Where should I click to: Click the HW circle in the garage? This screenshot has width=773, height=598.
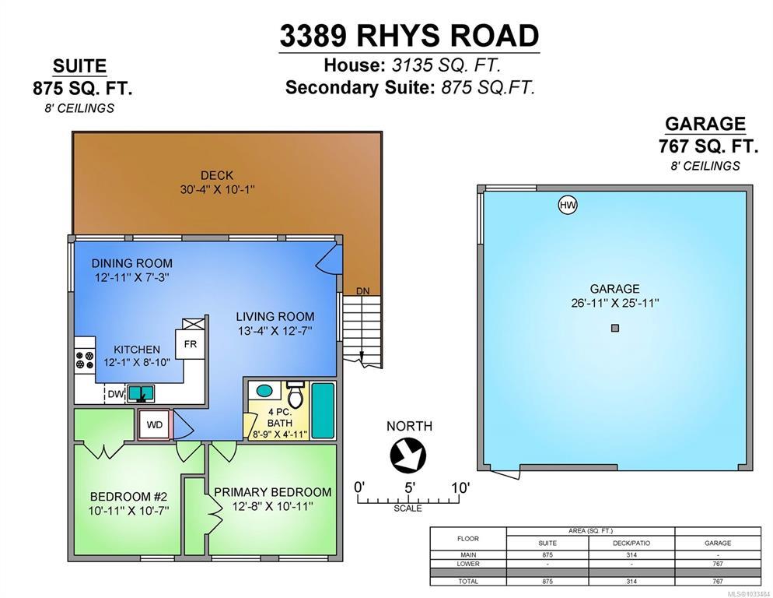pyautogui.click(x=568, y=205)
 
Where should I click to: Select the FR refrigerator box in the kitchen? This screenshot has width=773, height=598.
pyautogui.click(x=191, y=343)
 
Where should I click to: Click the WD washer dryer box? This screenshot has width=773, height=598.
pyautogui.click(x=154, y=424)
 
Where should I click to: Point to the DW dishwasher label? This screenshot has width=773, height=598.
pyautogui.click(x=116, y=394)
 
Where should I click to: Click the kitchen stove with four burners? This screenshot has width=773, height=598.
pyautogui.click(x=84, y=360)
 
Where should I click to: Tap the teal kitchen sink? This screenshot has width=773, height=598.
pyautogui.click(x=141, y=393)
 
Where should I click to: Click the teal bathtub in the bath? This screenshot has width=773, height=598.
pyautogui.click(x=323, y=410)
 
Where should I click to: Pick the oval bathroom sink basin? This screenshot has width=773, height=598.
pyautogui.click(x=264, y=391)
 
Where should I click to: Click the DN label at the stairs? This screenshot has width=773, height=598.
pyautogui.click(x=363, y=291)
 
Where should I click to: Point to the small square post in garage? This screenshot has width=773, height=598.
pyautogui.click(x=615, y=328)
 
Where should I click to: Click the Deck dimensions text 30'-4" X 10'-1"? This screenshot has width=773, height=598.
pyautogui.click(x=218, y=189)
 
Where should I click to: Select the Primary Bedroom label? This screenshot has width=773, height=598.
pyautogui.click(x=273, y=492)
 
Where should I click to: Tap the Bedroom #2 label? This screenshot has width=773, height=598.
pyautogui.click(x=128, y=496)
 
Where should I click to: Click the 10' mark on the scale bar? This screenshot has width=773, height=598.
pyautogui.click(x=460, y=488)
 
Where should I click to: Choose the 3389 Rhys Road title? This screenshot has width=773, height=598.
pyautogui.click(x=409, y=36)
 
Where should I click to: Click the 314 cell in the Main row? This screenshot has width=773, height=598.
pyautogui.click(x=631, y=555)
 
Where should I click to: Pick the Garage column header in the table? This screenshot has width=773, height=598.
pyautogui.click(x=717, y=543)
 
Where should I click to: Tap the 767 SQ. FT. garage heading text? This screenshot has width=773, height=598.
pyautogui.click(x=708, y=146)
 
